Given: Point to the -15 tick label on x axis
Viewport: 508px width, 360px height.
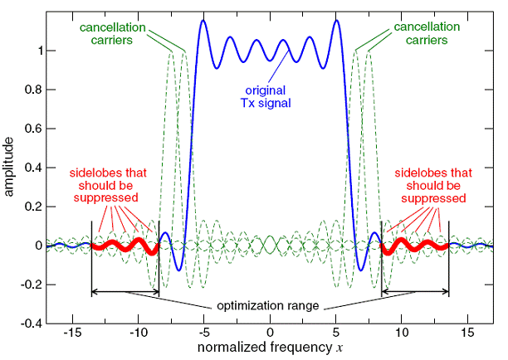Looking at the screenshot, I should click(72, 333).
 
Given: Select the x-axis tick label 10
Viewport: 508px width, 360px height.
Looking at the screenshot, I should click(402, 333).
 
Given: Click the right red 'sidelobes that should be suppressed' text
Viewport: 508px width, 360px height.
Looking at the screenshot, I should click(429, 187).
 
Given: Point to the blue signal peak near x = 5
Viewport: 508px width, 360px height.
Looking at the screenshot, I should click(336, 21).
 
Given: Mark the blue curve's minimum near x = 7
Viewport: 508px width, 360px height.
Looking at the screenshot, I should click(361, 270).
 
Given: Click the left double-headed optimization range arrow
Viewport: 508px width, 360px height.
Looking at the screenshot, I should click(125, 291).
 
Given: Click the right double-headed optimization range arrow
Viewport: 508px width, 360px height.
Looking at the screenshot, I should click(415, 291).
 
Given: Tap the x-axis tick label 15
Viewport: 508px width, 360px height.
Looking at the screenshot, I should click(467, 333).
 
